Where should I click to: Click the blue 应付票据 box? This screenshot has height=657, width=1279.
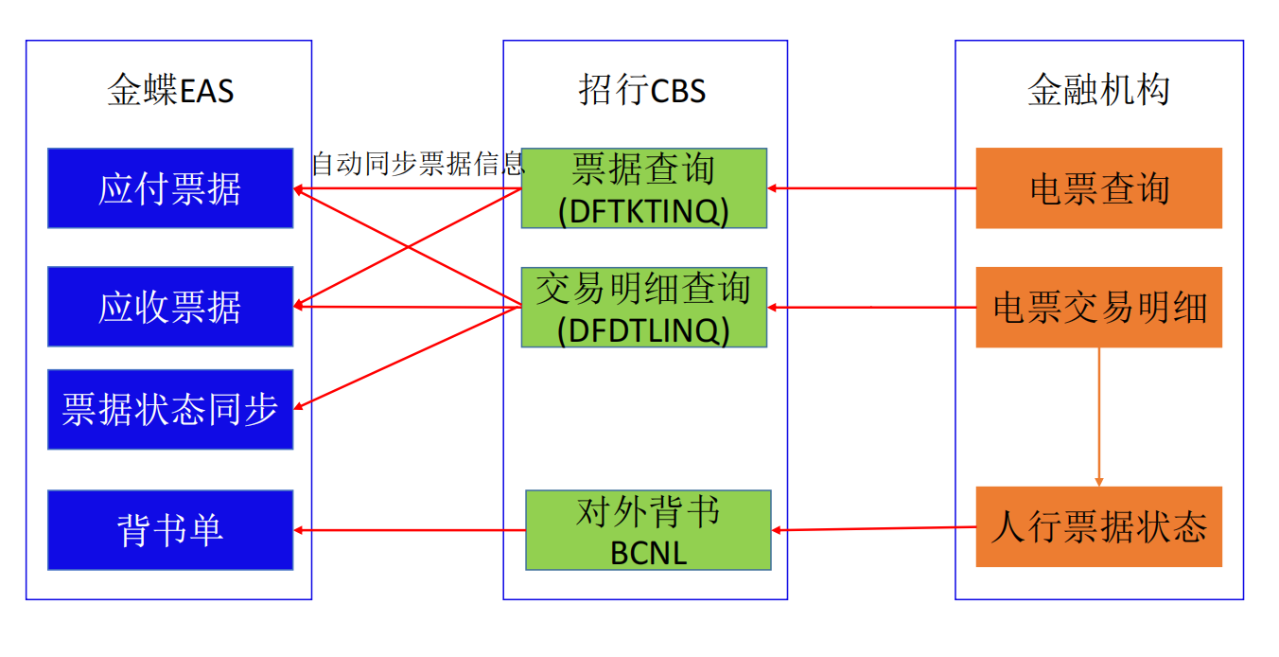pos(170,188)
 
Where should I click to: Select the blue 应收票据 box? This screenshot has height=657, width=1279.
pos(170,307)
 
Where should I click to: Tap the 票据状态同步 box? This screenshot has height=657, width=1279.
pos(170,409)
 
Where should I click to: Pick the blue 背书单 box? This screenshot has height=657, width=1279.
pos(170,529)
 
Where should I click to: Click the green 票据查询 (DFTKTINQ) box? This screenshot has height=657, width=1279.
pos(643,188)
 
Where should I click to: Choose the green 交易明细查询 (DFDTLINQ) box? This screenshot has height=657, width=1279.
pos(643,307)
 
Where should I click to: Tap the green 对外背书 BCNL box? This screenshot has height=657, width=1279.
pos(648,529)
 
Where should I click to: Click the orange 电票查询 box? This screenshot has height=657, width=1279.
pos(1098,188)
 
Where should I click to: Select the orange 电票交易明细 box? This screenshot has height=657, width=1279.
pos(1098,307)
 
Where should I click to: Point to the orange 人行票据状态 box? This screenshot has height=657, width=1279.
pos(1098,527)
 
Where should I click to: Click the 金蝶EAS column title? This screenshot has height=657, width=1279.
pos(170,92)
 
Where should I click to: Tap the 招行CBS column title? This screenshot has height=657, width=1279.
pos(642,92)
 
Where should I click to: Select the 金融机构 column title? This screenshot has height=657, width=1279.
pos(1098,92)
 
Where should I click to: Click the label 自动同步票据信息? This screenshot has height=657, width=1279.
pos(417,165)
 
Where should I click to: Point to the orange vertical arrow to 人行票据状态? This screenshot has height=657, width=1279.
pos(1098,417)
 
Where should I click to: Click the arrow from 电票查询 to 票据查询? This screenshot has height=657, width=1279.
pos(871,188)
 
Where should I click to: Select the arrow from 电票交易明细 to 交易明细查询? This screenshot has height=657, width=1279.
pos(871,307)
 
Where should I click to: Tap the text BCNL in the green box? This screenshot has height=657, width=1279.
pos(648,553)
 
